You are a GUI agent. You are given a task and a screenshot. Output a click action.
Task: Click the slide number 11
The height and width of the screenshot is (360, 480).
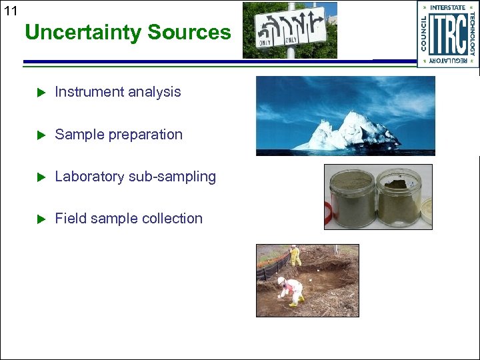pos(10,10)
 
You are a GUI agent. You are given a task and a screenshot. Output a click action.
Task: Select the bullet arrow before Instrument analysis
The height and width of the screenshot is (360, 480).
pos(39,92)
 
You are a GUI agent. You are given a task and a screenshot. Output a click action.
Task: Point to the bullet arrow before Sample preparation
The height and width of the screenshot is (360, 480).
pos(39,135)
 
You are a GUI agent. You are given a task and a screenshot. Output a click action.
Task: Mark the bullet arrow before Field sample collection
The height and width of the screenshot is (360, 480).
pos(39,219)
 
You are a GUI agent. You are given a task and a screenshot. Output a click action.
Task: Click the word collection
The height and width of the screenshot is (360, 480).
pos(171,219)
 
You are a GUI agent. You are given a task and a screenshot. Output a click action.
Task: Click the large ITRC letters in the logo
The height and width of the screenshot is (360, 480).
pos(448,35)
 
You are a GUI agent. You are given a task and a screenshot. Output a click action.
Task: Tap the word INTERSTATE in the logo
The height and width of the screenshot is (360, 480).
pos(448,8)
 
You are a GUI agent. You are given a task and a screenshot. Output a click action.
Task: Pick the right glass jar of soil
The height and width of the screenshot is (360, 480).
pos(399,197)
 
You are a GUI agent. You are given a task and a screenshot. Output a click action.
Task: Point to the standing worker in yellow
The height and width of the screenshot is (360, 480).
pos(295,255)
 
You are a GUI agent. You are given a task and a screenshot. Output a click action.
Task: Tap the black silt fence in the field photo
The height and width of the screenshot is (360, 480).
pos(273,267)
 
